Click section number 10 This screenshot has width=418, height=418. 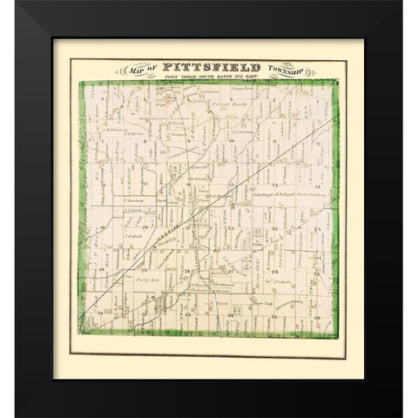tap(233, 138)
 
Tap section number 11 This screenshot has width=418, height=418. tap(273, 138)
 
